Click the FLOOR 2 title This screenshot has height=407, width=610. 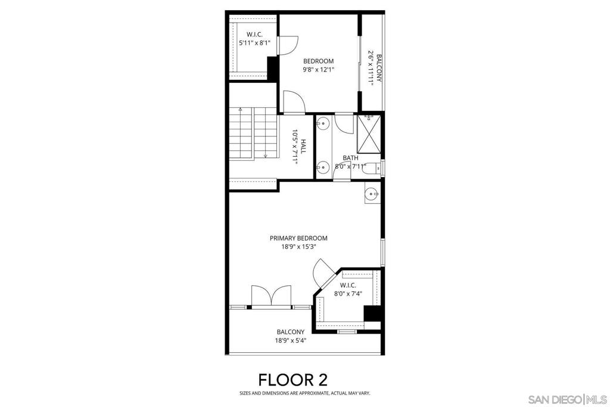tap(292, 380)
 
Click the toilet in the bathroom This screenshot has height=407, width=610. tap(371, 168)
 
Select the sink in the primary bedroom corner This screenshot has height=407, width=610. tap(371, 193)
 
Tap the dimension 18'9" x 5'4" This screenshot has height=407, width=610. tap(290, 341)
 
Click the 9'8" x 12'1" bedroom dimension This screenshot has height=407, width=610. tap(318, 69)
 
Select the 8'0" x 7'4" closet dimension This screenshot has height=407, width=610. tap(348, 293)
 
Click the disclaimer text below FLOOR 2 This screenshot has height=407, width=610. tap(304, 393)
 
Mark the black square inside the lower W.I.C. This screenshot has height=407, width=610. tap(372, 313)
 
